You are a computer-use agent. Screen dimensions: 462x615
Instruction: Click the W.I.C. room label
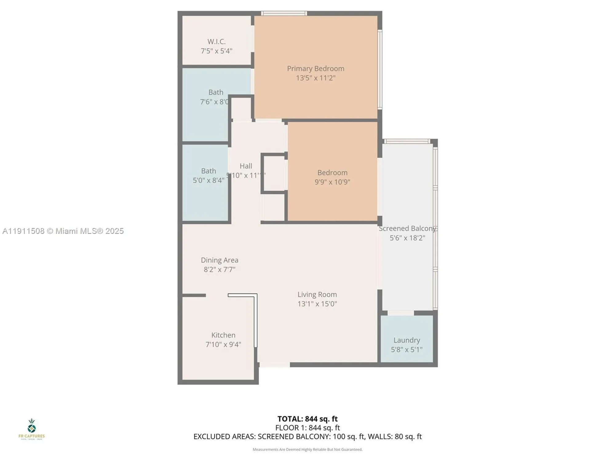(216, 42)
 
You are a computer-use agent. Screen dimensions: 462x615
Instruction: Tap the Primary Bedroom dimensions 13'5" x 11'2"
(315, 78)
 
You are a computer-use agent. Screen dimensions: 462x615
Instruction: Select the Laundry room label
(407, 340)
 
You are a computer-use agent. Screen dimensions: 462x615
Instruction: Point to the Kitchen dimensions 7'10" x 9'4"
(223, 344)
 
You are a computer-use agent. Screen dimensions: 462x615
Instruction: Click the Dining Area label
(220, 260)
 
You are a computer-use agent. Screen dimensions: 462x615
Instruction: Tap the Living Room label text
(317, 294)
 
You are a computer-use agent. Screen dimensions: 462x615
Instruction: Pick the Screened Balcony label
(407, 229)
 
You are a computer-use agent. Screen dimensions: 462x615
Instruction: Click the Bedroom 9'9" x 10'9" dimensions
(332, 182)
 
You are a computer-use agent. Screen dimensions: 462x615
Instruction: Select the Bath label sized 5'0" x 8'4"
(208, 171)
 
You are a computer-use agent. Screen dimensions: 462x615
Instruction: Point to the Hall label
(246, 166)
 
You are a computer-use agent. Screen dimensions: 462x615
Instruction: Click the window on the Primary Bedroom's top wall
(284, 13)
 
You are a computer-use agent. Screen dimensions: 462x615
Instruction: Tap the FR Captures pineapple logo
(32, 426)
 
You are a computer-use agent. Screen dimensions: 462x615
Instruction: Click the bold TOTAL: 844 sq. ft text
(307, 419)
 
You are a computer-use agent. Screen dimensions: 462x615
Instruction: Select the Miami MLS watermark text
(63, 231)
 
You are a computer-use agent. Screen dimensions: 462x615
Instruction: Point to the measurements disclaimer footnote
(307, 450)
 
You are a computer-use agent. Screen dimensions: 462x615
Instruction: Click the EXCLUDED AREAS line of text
(307, 436)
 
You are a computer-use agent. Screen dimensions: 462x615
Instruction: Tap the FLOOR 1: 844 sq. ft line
(307, 428)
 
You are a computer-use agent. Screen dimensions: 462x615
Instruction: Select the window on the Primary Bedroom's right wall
(380, 69)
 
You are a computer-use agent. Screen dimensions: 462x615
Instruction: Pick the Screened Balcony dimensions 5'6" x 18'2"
(407, 238)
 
